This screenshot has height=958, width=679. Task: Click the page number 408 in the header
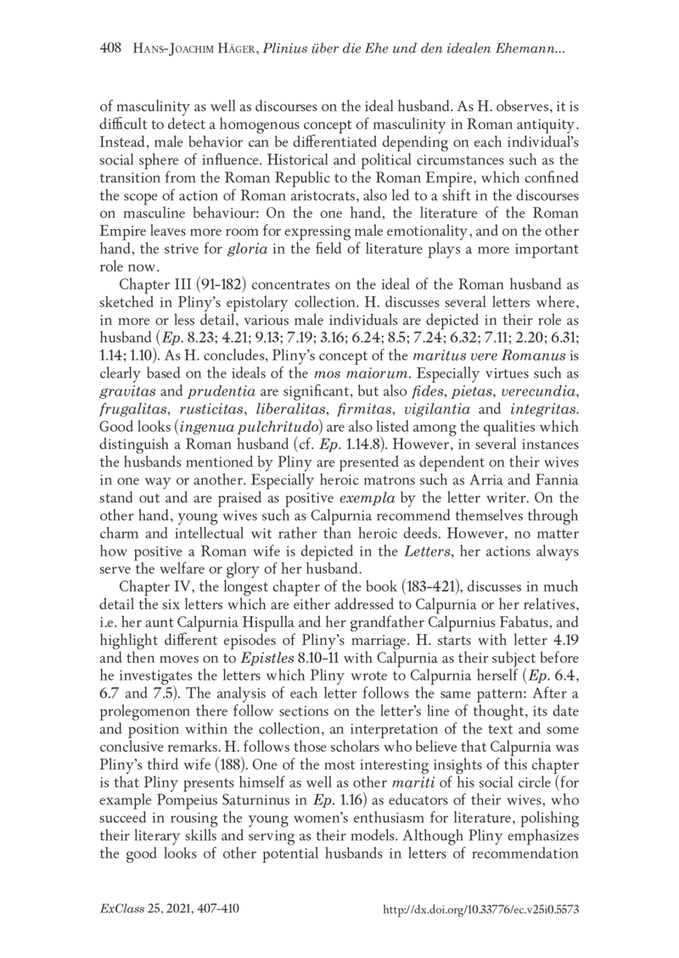point(112,51)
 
